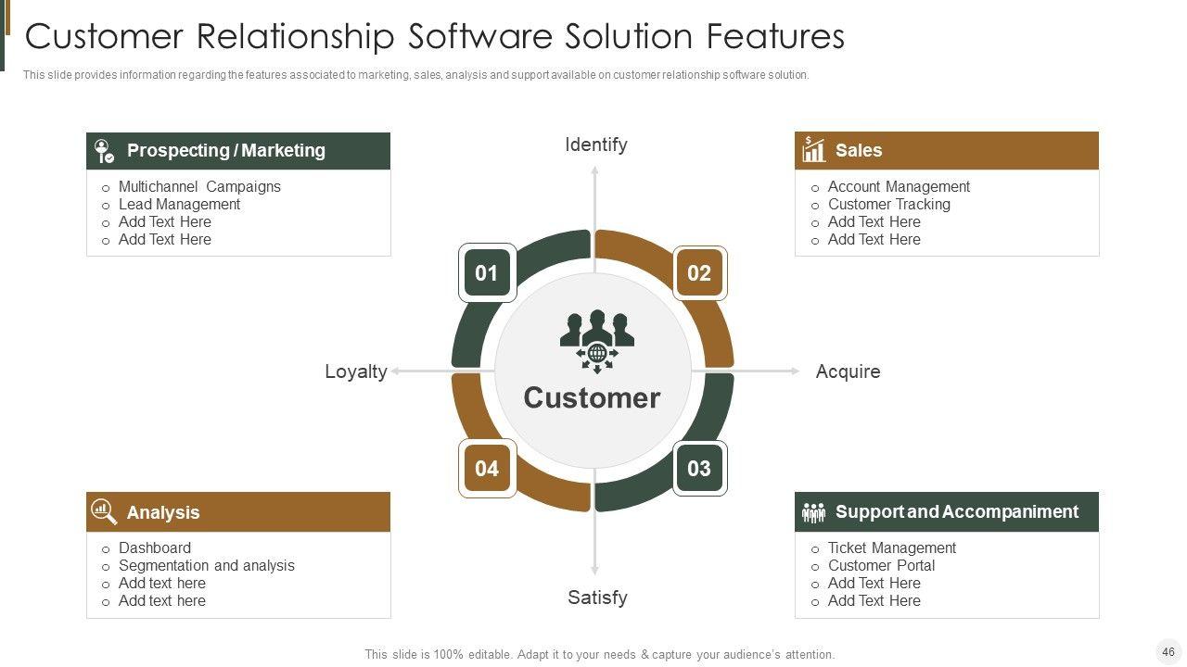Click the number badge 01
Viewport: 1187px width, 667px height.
(487, 273)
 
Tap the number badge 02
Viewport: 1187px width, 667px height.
(699, 273)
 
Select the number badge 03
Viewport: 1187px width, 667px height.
(699, 468)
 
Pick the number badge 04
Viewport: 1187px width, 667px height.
(487, 468)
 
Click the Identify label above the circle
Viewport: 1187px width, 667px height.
(596, 145)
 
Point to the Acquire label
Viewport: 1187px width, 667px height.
(848, 371)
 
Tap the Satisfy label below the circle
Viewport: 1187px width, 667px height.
(597, 598)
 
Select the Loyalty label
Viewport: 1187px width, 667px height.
(356, 371)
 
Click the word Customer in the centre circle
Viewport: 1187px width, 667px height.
(592, 397)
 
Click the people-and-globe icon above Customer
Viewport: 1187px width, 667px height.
(597, 341)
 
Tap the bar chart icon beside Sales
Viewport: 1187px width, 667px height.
(814, 150)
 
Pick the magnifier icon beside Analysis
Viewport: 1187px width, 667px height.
(104, 511)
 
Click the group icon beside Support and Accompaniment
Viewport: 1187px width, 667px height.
(813, 512)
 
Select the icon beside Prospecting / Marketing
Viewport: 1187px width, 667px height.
(105, 151)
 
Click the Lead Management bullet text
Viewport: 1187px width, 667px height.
(179, 204)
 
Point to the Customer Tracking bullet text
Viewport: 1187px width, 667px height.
(888, 204)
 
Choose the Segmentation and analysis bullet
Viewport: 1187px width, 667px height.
(206, 565)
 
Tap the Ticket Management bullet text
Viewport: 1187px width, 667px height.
(891, 547)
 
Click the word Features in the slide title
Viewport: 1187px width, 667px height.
(775, 36)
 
